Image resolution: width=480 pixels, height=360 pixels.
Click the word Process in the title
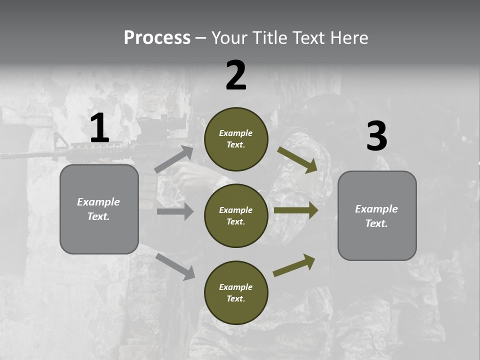pos(157,38)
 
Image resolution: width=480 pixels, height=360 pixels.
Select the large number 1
pos(99,128)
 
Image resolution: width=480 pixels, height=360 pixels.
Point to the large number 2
pos(236,75)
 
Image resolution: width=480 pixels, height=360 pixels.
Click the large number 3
pos(376,136)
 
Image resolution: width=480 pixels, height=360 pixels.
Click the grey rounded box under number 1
pos(99,209)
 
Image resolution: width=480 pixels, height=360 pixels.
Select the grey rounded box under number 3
pos(377,216)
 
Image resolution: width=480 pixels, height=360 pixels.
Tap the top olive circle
pos(236,139)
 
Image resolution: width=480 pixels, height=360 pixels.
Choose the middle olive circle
pos(236,215)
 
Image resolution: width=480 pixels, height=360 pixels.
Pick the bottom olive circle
pos(236,292)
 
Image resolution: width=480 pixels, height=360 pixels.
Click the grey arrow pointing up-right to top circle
pos(174,159)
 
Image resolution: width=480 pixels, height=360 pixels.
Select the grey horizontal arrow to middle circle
pos(175,211)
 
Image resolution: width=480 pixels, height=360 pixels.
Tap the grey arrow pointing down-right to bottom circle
pos(175,266)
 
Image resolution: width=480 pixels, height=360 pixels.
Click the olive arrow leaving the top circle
pos(297,159)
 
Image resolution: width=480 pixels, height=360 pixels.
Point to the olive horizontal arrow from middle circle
pos(296,210)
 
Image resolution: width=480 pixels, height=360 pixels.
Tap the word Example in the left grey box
pos(98,202)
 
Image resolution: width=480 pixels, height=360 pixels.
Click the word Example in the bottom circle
pos(236,287)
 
